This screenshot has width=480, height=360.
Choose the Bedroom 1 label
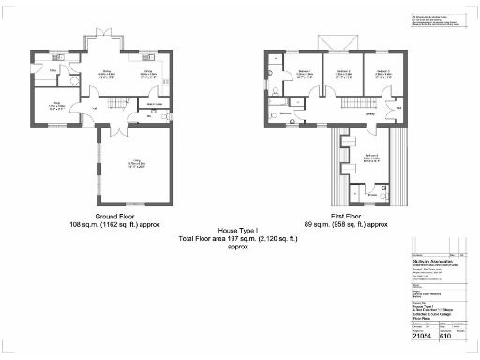click(x=306, y=73)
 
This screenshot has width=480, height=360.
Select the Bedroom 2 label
click(x=344, y=73)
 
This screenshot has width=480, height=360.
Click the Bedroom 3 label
click(x=382, y=73)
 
